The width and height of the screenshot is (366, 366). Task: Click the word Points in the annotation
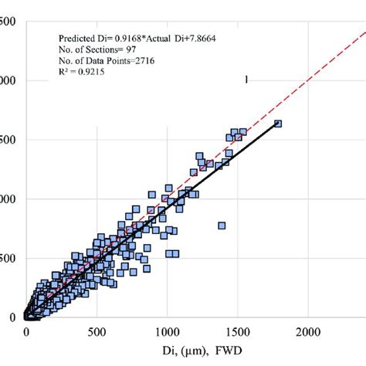coord(116,60)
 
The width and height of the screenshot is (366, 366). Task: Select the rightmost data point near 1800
coord(279,124)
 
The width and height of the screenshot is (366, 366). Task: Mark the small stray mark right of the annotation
coord(246,78)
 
